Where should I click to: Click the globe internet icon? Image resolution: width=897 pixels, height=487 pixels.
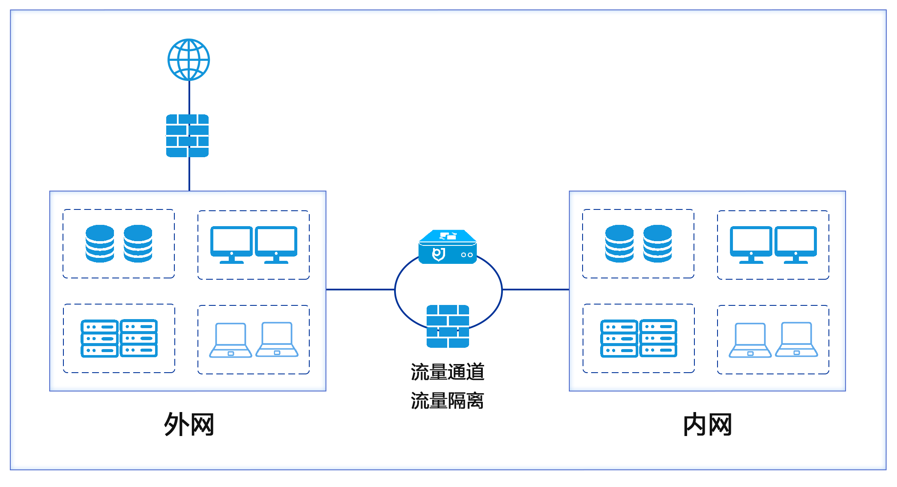[x=188, y=60]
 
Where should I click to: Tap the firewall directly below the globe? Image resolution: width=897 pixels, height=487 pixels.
[x=188, y=135]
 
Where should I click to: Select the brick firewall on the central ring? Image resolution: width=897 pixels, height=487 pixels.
[x=448, y=326]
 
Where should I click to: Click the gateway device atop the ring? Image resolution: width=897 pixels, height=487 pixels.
[x=448, y=247]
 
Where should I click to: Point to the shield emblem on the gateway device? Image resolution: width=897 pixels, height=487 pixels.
[x=438, y=254]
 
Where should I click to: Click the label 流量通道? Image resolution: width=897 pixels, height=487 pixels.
[x=447, y=372]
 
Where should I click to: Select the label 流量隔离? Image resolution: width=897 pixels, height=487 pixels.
[x=447, y=401]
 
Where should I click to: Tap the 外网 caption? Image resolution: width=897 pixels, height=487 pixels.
[x=189, y=424]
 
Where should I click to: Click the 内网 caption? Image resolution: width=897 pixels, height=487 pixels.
[x=707, y=424]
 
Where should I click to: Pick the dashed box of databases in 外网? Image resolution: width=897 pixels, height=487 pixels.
[x=119, y=244]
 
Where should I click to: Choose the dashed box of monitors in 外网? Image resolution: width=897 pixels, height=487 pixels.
[x=254, y=245]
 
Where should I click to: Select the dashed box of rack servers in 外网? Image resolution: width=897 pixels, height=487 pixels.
[x=119, y=338]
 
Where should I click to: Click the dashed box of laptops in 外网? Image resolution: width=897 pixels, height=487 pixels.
[x=254, y=340]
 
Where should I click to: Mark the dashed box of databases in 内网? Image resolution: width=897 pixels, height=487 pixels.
[x=638, y=244]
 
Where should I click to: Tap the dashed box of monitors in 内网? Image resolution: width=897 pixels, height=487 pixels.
[x=773, y=245]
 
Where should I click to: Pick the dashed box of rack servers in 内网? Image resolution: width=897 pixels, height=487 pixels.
[x=639, y=338]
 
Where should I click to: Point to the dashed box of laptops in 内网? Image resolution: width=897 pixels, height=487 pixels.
[x=773, y=340]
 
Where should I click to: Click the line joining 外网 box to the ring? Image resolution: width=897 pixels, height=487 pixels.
[x=360, y=290]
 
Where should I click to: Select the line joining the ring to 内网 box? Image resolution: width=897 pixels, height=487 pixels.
[x=535, y=290]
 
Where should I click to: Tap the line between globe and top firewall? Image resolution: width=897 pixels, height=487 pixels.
[x=189, y=97]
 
